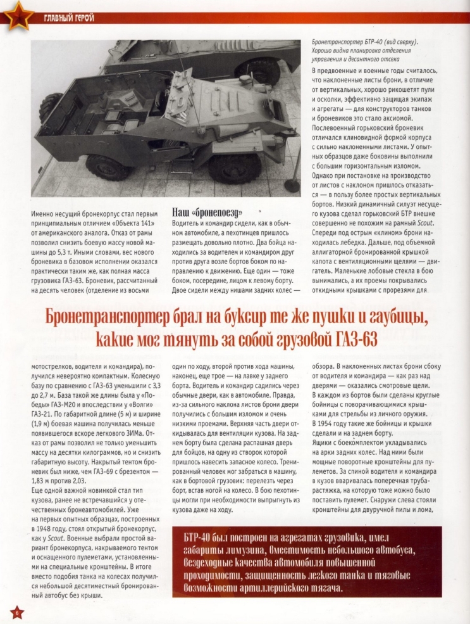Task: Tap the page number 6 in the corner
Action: (14, 611)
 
